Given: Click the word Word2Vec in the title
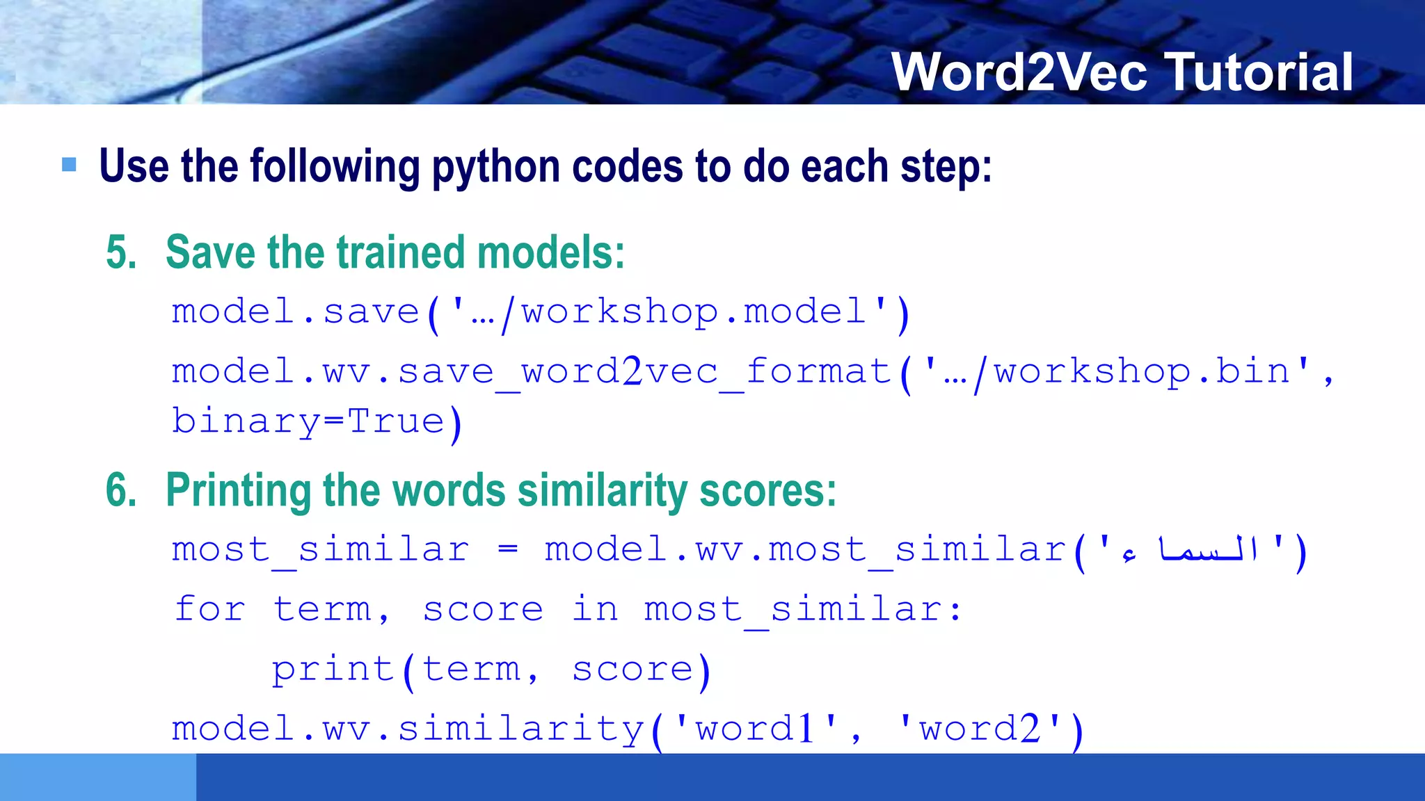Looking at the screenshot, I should coord(1019,72).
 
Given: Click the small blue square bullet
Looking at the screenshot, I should coord(69,165).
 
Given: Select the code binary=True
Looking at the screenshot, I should coord(308,422).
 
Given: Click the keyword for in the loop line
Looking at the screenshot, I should coord(209,609).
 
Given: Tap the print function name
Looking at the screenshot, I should coord(333,670).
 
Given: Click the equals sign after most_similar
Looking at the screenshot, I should coord(508,549).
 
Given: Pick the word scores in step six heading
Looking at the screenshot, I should coord(767,490).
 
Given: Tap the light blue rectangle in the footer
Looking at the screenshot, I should coord(97,777).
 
